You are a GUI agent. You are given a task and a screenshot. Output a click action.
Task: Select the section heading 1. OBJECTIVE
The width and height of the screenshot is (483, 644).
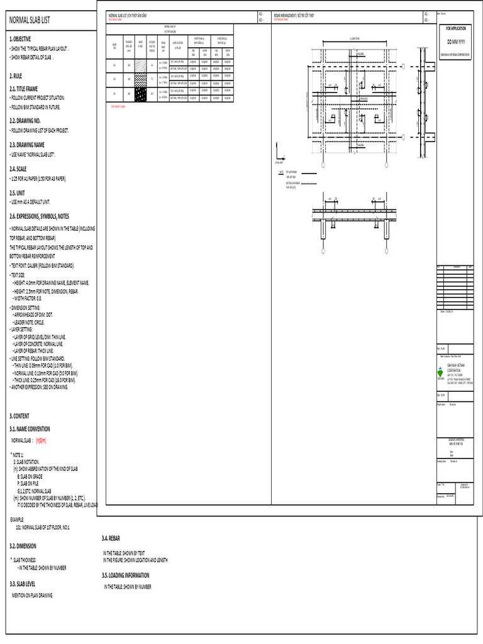click(20, 38)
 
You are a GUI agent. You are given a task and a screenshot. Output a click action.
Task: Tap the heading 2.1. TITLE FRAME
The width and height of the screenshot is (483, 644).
click(24, 89)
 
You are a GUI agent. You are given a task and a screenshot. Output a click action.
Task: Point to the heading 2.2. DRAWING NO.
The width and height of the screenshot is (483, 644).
click(25, 120)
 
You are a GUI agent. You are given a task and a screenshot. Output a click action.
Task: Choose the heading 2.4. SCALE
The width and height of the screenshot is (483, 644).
click(18, 169)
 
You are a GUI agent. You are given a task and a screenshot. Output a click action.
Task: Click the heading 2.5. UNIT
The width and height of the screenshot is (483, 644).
click(17, 192)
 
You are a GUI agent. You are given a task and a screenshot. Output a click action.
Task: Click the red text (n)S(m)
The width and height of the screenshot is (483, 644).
click(42, 440)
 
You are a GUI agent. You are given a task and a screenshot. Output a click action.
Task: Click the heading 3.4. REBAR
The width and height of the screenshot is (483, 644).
click(111, 538)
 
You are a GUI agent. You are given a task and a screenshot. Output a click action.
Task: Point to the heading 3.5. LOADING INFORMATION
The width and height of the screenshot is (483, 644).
click(126, 575)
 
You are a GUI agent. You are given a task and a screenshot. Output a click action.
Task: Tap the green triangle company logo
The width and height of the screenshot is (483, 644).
click(440, 373)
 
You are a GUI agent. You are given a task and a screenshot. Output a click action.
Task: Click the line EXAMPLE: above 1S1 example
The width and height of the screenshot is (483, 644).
click(17, 519)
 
